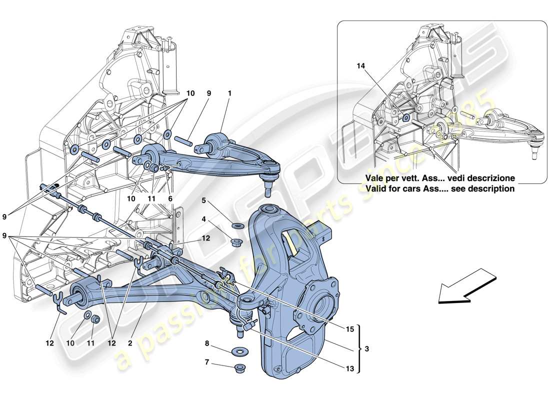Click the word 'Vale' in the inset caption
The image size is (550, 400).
point(376,178)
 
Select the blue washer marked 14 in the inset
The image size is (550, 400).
point(406,118)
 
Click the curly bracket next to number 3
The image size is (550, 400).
point(359,348)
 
